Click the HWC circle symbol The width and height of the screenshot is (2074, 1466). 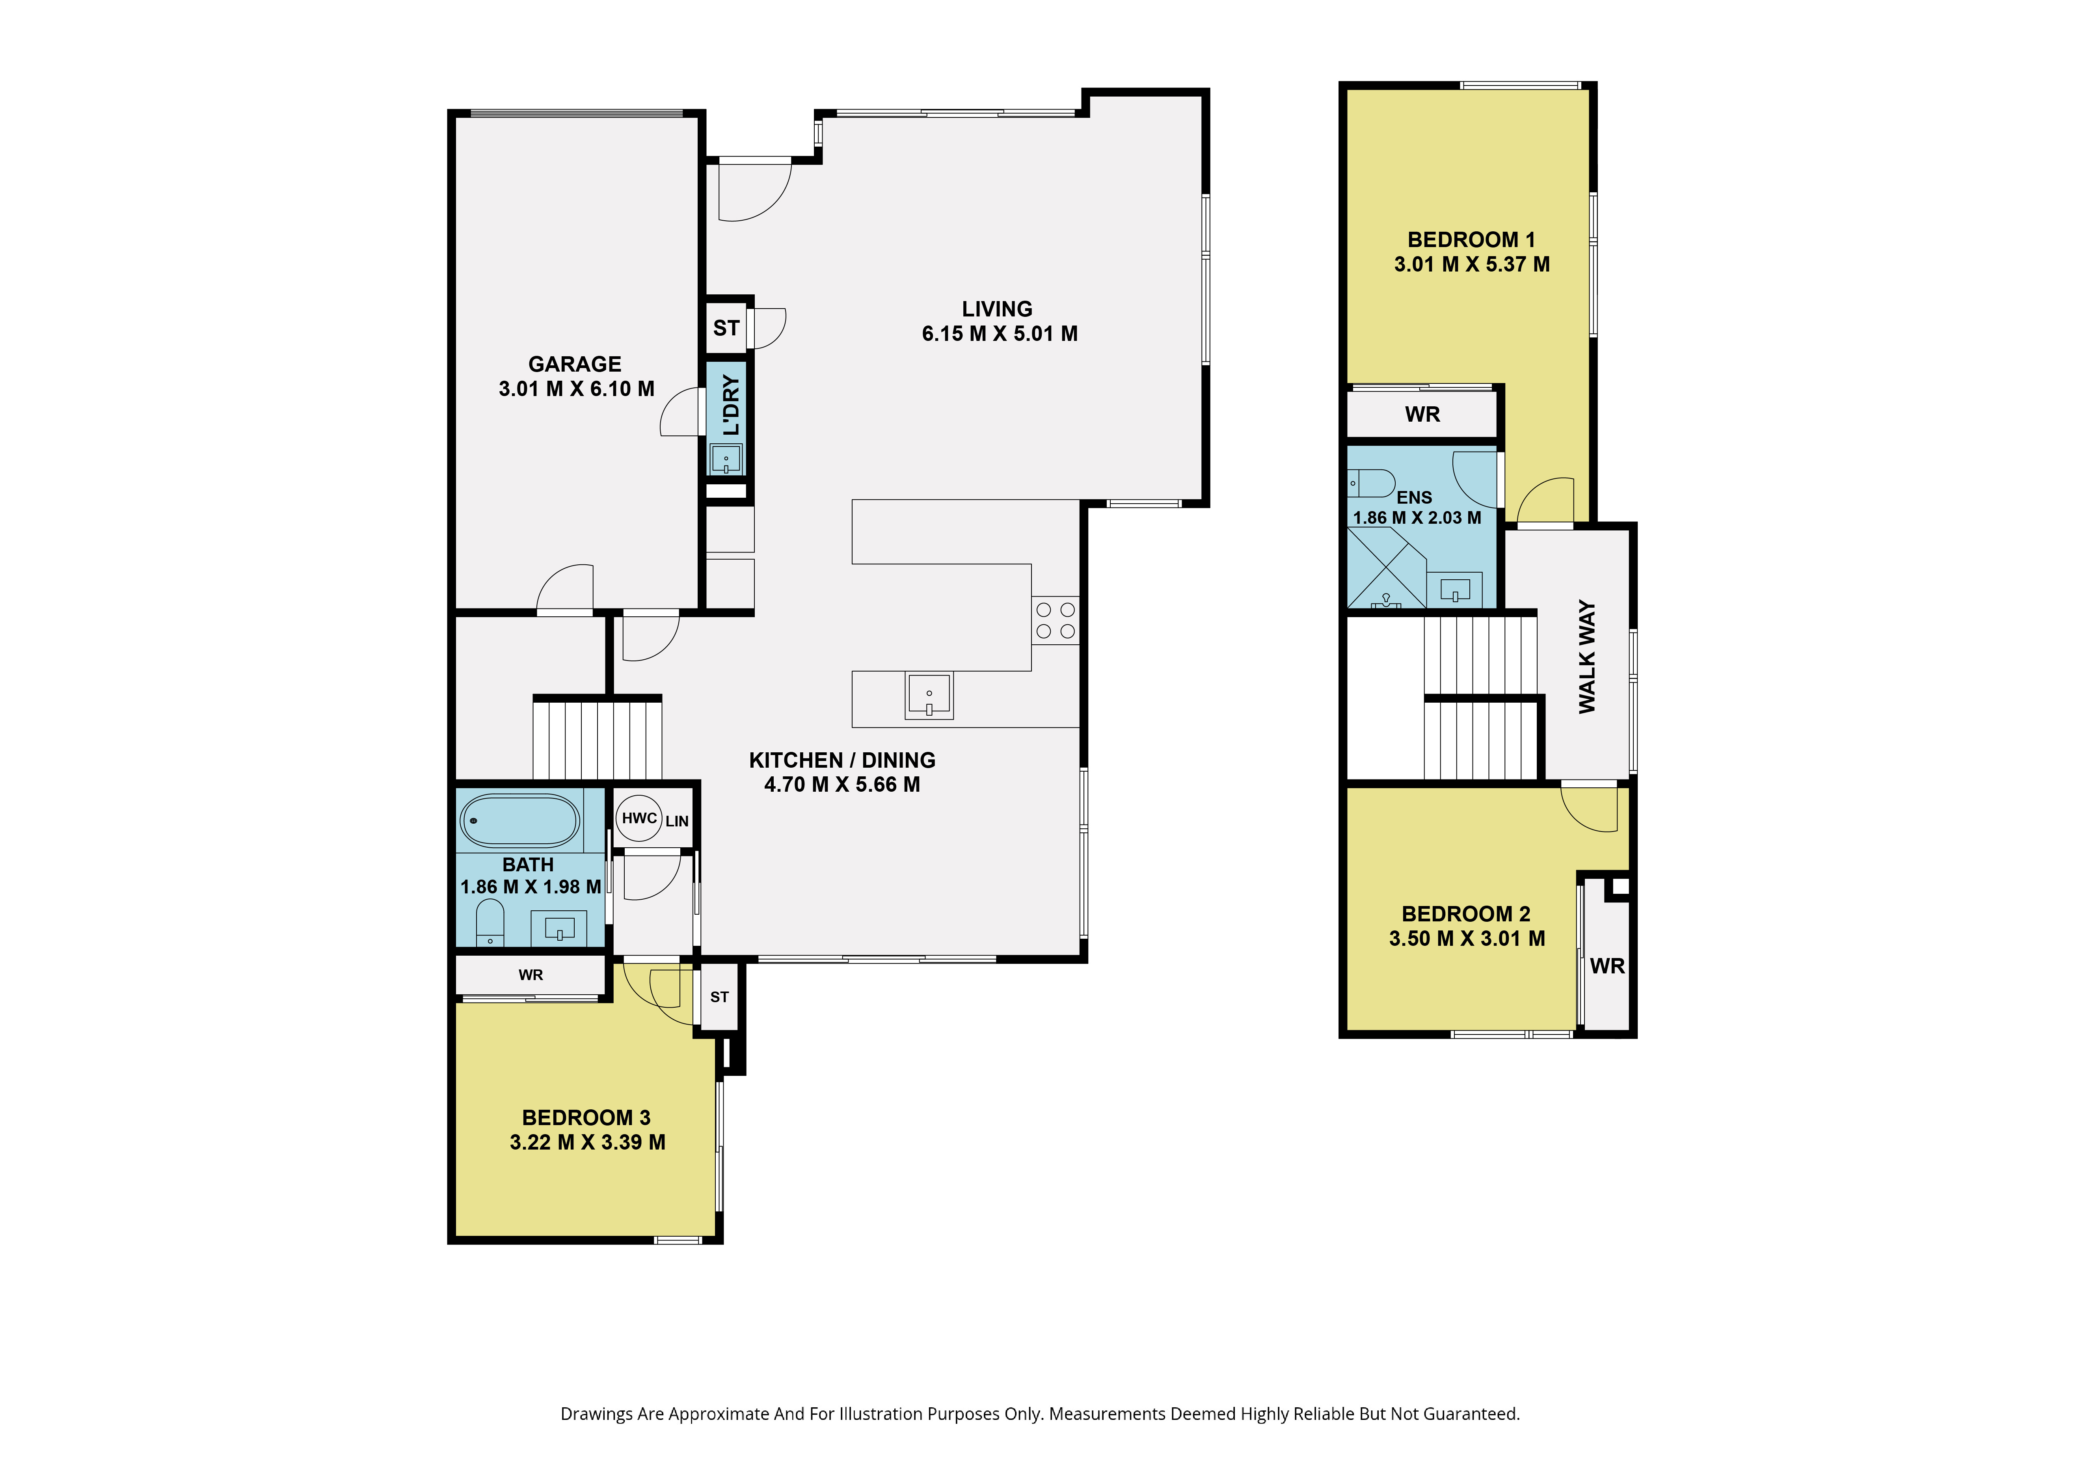(639, 819)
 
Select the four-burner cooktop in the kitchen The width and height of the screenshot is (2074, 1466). (1055, 621)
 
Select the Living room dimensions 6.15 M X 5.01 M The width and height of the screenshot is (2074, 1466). (999, 333)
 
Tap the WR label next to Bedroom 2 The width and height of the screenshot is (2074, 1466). (1607, 966)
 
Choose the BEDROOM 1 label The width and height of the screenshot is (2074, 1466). (1471, 239)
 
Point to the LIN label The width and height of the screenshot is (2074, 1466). (677, 821)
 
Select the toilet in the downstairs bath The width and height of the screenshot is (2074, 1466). (490, 921)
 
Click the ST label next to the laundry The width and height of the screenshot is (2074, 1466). (726, 328)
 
